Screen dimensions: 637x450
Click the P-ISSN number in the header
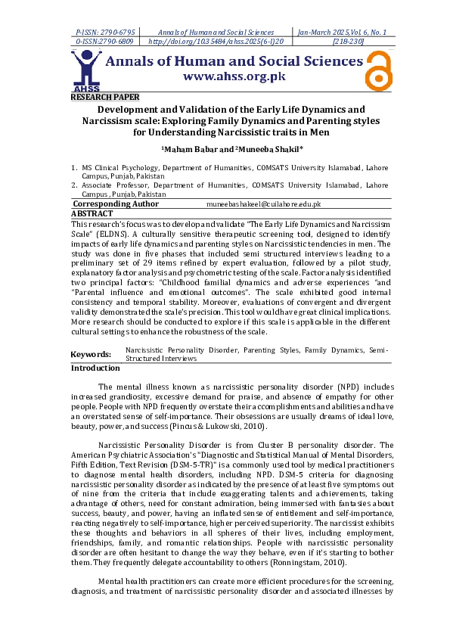point(105,33)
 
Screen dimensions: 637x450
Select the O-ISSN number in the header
point(105,43)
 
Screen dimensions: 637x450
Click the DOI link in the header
point(215,43)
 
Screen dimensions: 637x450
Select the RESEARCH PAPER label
point(104,97)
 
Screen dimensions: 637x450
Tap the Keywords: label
point(91,354)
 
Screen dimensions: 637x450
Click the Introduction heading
point(95,368)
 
